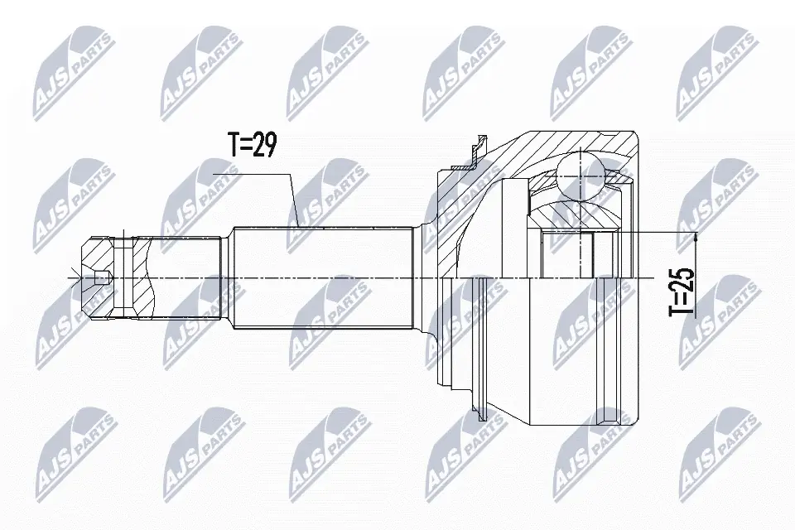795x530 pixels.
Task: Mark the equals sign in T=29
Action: tap(246, 146)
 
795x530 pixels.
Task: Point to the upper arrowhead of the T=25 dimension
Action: tap(696, 238)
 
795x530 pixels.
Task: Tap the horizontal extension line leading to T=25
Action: tap(662, 233)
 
